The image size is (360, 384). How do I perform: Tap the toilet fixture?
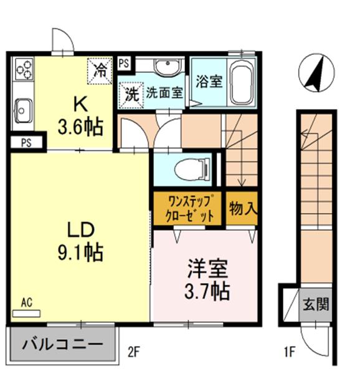tap(186, 169)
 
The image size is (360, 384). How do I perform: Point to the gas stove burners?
tap(23, 69)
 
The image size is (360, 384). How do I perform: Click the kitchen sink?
tap(23, 112)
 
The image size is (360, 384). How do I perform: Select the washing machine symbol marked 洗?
tap(131, 95)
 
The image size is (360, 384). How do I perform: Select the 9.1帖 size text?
tap(80, 252)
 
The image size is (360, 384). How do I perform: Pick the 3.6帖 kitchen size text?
tap(80, 127)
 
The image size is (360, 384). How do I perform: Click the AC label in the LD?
tap(27, 302)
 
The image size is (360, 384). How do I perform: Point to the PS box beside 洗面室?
tap(124, 63)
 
